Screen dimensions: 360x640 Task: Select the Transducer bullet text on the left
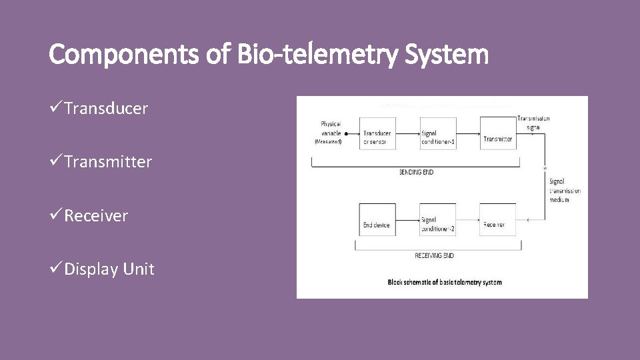point(106,109)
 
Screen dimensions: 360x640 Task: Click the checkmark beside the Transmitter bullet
point(56,162)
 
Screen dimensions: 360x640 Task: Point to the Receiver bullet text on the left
point(96,216)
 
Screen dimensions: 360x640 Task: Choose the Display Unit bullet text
point(109,269)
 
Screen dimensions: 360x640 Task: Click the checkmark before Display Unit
point(56,269)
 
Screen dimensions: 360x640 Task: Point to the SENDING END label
point(416,172)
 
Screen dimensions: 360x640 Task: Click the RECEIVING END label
point(434,255)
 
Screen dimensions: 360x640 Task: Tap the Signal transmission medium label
point(564,191)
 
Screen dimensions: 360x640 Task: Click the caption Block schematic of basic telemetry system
point(445,282)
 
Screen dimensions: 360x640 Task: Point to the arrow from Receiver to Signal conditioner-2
point(468,219)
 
